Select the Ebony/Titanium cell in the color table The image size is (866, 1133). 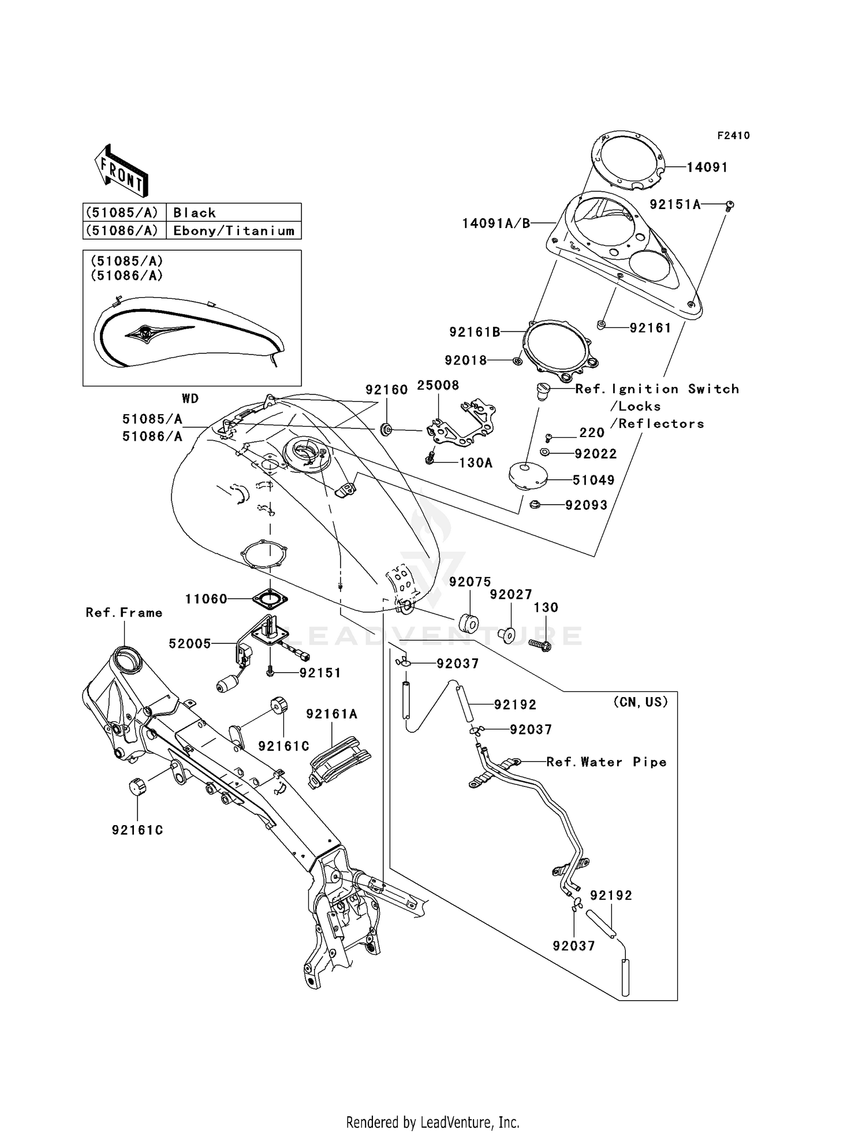pos(234,230)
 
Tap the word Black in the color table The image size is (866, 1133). pos(195,213)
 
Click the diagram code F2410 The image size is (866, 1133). pos(733,136)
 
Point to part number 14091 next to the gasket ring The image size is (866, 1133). pos(707,167)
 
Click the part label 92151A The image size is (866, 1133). pos(674,204)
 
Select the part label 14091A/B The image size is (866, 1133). pos(496,223)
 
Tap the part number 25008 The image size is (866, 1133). pos(438,385)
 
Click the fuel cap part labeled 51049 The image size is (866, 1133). pos(527,477)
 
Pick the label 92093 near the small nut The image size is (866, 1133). pos(586,505)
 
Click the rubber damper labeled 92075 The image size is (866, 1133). pos(468,624)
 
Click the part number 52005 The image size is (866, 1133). pos(190,644)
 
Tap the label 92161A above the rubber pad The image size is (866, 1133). pos(332,714)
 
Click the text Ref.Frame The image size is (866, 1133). pos(124,613)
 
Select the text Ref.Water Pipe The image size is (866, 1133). pos(606,762)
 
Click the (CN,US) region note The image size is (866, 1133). pos(640,702)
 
